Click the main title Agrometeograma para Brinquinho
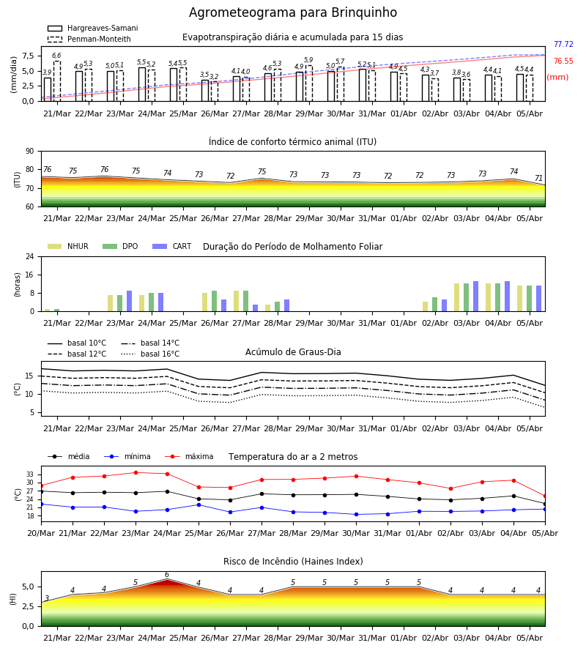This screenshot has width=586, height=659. [x=292, y=12]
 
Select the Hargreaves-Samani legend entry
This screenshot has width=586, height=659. [x=92, y=28]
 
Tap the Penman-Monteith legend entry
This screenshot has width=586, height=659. [x=89, y=39]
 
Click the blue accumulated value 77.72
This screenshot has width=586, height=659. [x=563, y=44]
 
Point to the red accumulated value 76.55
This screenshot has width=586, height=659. [x=563, y=61]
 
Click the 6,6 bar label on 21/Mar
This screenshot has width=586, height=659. [x=56, y=56]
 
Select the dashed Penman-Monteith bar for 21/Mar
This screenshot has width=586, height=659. [x=56, y=81]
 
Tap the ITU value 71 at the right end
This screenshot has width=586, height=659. [x=538, y=178]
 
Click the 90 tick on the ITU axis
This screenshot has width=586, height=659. [x=30, y=152]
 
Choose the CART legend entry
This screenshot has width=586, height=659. [x=172, y=246]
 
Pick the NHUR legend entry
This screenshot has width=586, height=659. [x=67, y=246]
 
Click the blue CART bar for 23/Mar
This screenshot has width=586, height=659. [x=129, y=301]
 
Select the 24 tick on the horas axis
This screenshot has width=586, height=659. [x=30, y=256]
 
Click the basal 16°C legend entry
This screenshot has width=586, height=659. [x=150, y=354]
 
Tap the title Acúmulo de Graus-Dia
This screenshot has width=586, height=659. [x=293, y=352]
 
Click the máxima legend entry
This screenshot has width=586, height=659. [x=189, y=456]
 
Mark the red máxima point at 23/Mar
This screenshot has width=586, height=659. [x=136, y=472]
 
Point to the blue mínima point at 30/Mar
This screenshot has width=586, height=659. [x=357, y=515]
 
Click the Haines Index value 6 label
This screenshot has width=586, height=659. [x=167, y=575]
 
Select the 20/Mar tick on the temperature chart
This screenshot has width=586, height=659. [x=41, y=533]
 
